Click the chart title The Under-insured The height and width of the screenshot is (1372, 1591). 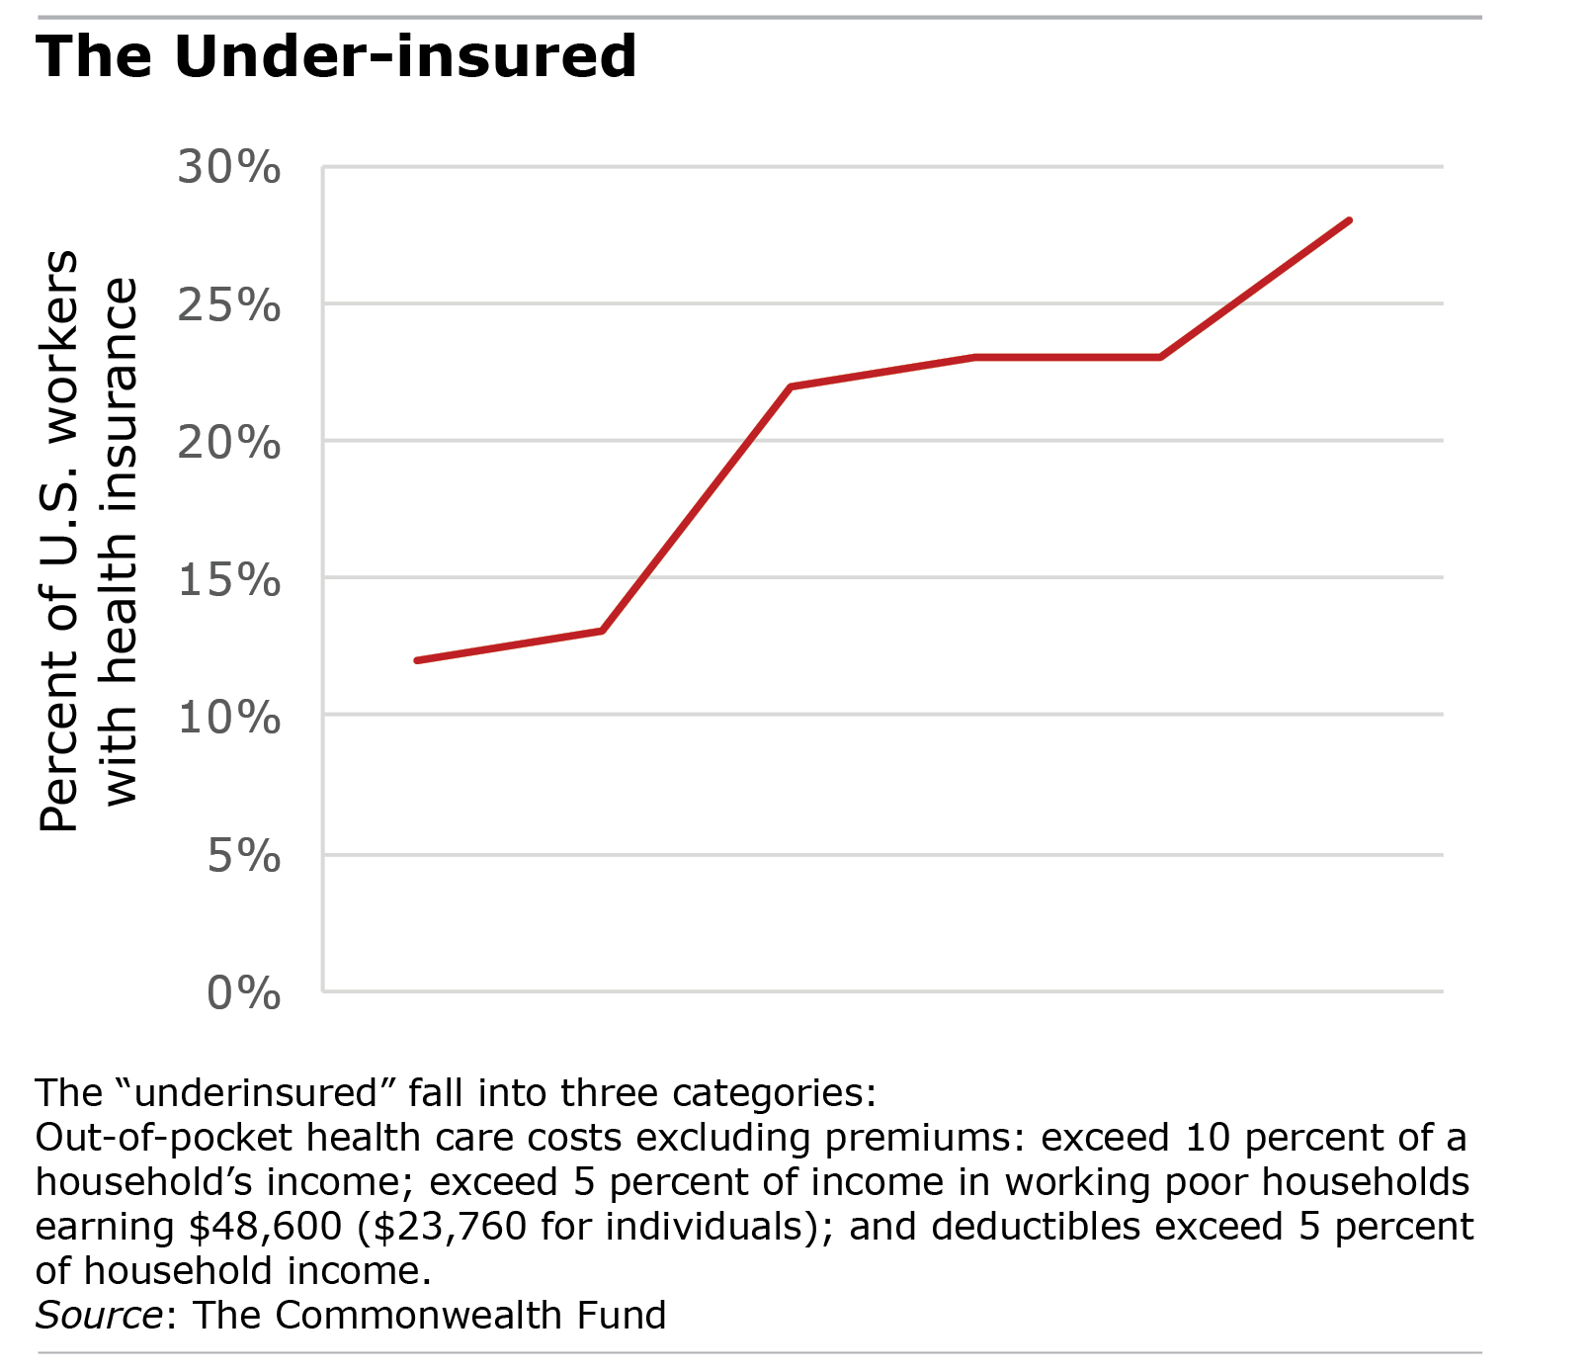click(x=336, y=56)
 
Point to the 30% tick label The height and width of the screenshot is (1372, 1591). click(x=229, y=168)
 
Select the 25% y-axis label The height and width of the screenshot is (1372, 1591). click(x=229, y=305)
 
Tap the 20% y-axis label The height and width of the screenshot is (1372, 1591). click(x=229, y=442)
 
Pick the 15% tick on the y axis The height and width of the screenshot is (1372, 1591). click(x=229, y=579)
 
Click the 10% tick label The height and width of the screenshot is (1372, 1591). click(x=229, y=717)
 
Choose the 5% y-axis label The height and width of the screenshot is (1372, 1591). click(x=243, y=855)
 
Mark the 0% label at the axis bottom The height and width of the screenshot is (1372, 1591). click(x=243, y=992)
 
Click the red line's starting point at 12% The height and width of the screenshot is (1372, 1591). click(x=417, y=660)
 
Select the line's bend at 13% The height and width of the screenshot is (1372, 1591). click(x=602, y=631)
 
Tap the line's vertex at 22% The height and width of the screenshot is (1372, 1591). click(x=791, y=386)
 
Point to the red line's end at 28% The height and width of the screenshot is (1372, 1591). click(x=1349, y=220)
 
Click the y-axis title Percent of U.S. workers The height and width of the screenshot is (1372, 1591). click(x=59, y=541)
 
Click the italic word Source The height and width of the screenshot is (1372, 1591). click(x=99, y=1316)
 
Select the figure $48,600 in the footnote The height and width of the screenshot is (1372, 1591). click(x=265, y=1227)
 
